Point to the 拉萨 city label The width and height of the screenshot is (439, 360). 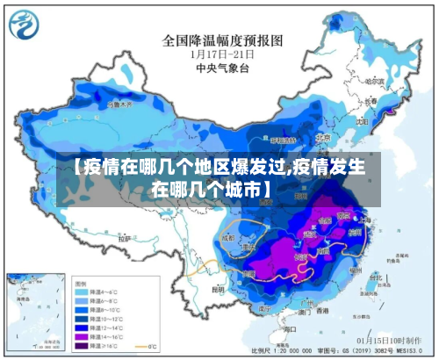click(125, 237)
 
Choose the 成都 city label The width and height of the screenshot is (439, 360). click(229, 237)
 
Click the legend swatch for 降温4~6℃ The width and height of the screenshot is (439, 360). click(83, 292)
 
